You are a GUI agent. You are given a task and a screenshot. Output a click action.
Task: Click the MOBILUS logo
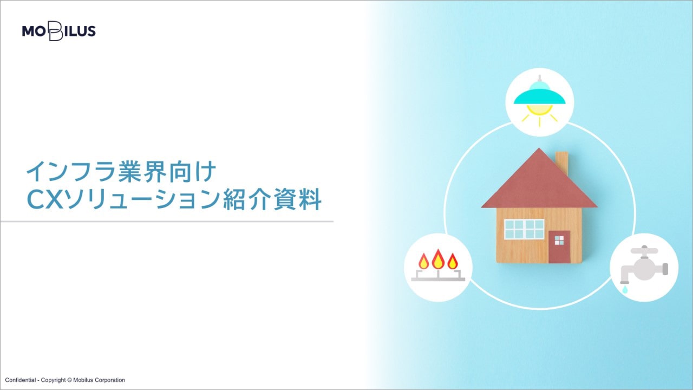click(x=59, y=31)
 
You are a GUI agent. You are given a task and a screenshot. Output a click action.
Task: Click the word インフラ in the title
click(x=70, y=172)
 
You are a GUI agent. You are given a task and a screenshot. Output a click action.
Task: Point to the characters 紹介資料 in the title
click(x=272, y=200)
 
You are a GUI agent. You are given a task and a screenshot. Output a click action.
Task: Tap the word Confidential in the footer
click(x=20, y=380)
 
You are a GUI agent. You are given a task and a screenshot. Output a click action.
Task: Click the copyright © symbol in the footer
click(x=69, y=380)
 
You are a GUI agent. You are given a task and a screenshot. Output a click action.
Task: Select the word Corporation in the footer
click(x=110, y=380)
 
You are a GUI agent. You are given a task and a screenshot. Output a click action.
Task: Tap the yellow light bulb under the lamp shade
click(x=540, y=109)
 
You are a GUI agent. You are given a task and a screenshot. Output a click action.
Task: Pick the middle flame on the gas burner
click(x=438, y=259)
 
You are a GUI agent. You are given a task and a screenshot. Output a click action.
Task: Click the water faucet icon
click(x=644, y=268)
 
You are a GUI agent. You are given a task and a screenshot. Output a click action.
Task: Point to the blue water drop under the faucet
click(x=625, y=290)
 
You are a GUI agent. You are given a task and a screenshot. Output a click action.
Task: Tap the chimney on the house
click(x=562, y=163)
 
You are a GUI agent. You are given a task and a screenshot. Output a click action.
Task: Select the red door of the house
click(x=559, y=246)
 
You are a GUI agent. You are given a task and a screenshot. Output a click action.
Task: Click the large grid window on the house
click(x=525, y=229)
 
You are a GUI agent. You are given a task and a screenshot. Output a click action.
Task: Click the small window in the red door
click(x=559, y=240)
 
